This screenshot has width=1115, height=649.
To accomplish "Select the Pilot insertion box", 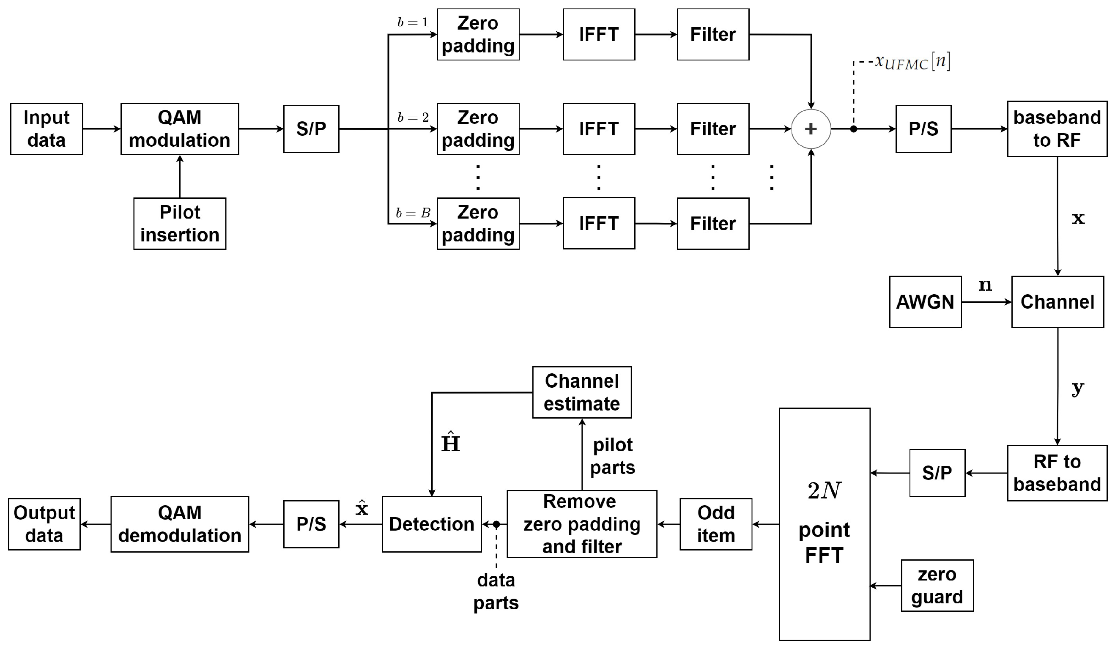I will (180, 223).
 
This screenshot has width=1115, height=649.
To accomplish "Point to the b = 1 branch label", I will (412, 22).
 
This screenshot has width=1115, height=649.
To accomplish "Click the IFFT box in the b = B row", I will (599, 223).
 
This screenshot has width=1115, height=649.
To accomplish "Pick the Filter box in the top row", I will (713, 35).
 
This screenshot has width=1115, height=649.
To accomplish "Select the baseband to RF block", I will (1057, 129).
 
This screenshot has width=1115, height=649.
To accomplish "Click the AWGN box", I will (925, 302).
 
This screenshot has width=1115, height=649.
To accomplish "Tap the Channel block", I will (1057, 302).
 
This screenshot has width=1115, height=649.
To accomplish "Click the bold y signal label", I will (1078, 388).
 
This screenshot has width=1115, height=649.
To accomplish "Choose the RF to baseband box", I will (1057, 473).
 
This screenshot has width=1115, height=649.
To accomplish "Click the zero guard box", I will (937, 586).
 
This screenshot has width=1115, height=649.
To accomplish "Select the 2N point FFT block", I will (824, 524).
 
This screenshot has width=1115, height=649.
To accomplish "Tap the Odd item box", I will (715, 524).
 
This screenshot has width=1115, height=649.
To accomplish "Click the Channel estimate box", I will (581, 392).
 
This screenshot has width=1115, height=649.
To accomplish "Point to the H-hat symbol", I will (450, 442).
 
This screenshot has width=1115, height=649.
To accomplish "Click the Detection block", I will (431, 524).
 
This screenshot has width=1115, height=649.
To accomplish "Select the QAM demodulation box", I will (180, 524).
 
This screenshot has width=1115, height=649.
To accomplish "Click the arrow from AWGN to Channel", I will (986, 302).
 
